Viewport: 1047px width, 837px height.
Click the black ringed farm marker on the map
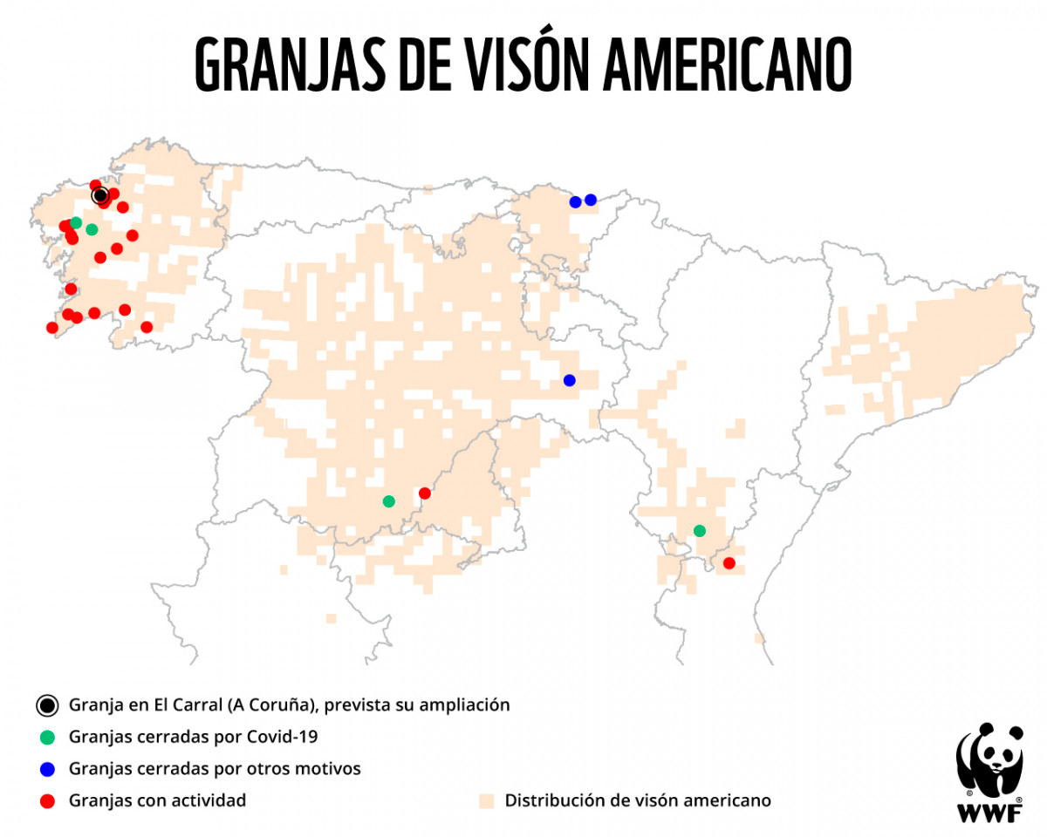[99, 195]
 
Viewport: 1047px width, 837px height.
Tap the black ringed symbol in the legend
[47, 705]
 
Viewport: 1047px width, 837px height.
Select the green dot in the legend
[47, 738]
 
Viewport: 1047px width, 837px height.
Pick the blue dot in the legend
[47, 769]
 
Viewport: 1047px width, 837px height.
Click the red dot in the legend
[47, 800]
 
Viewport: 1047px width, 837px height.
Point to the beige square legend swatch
[488, 800]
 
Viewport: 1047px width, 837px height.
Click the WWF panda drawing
[989, 759]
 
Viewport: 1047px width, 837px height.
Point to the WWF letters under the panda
[989, 813]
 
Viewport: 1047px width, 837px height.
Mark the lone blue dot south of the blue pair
[570, 380]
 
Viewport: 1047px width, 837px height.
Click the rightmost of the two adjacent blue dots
[591, 200]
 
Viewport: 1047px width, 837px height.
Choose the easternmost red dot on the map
[729, 563]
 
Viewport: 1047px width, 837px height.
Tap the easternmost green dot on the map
[699, 531]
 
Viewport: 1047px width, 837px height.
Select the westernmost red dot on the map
[52, 328]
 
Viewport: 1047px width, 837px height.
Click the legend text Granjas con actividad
[157, 800]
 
